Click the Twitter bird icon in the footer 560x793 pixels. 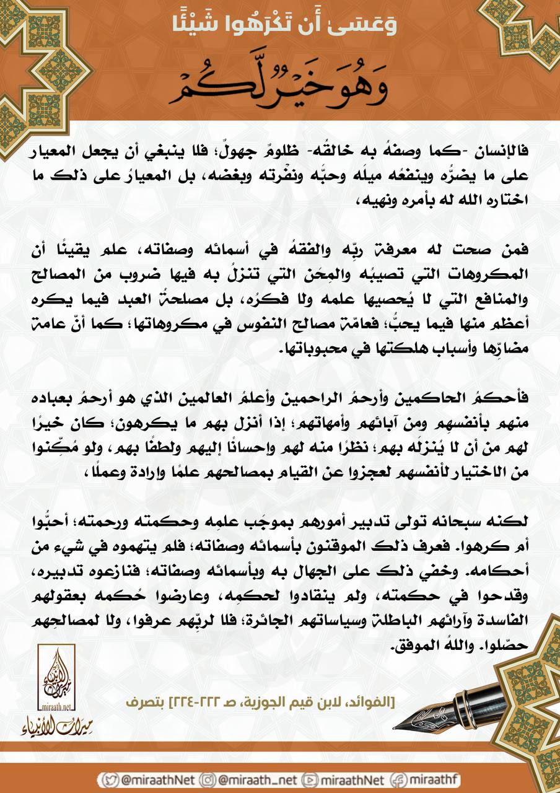click(112, 779)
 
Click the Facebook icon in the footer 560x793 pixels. click(403, 779)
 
